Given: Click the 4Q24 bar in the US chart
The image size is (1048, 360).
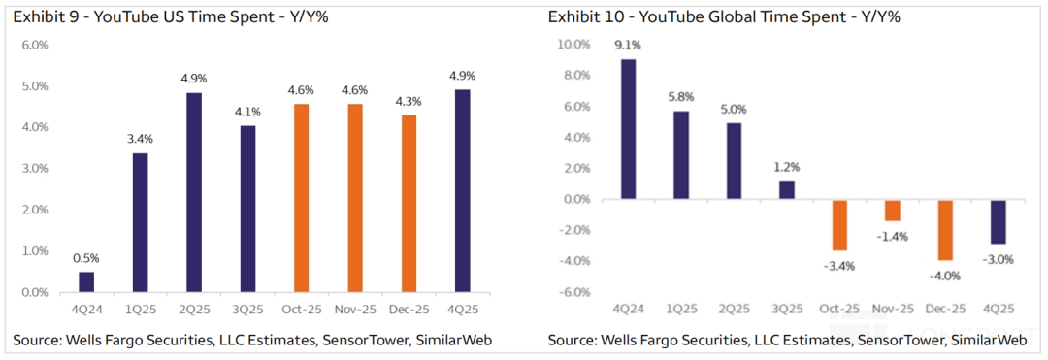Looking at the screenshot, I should click(86, 281).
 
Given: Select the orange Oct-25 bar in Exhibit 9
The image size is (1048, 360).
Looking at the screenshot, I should click(302, 198).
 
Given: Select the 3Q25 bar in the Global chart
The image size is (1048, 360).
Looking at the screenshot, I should click(787, 190).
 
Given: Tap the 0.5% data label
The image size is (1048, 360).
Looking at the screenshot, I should click(86, 258).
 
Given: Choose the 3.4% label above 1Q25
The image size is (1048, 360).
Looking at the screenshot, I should click(140, 139).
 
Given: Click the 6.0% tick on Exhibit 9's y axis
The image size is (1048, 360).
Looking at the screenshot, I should click(35, 45).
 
